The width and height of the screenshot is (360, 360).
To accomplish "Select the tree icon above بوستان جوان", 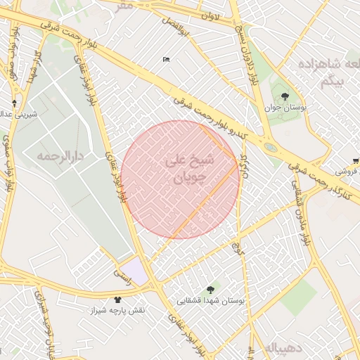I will pyautogui.click(x=284, y=96).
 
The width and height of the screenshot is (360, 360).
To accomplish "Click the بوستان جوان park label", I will pyautogui.click(x=283, y=108).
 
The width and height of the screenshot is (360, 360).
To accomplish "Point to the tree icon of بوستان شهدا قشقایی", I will pyautogui.click(x=210, y=290).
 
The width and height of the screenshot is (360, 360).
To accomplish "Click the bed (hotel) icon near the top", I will pyautogui.click(x=166, y=59).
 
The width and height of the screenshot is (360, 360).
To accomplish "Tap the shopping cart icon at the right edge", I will pyautogui.click(x=355, y=161).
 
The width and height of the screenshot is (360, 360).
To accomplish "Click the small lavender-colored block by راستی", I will pyautogui.click(x=137, y=271).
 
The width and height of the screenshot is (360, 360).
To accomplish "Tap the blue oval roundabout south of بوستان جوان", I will pyautogui.click(x=270, y=148).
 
